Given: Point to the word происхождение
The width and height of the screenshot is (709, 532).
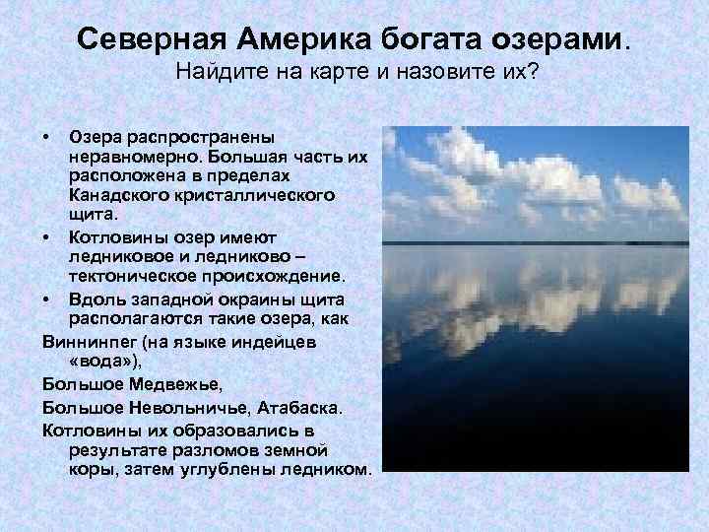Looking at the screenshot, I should click(x=281, y=274).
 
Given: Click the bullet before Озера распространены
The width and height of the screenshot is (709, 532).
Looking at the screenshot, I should click(x=47, y=136).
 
